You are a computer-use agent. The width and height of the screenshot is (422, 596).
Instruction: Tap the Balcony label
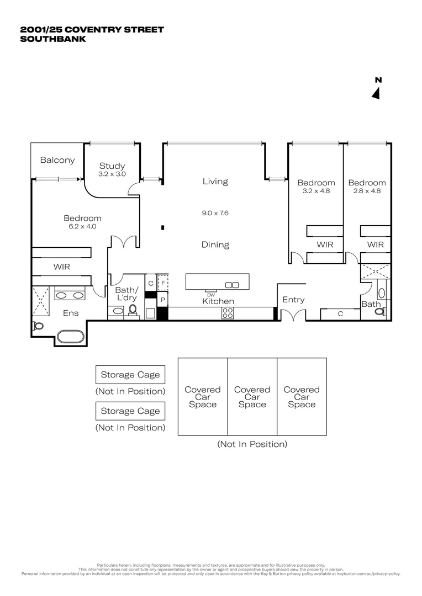pyautogui.click(x=57, y=160)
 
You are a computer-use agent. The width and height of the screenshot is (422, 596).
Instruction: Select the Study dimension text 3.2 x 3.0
pyautogui.click(x=112, y=174)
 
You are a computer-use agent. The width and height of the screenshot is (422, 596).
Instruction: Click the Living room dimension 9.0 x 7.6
pyautogui.click(x=215, y=212)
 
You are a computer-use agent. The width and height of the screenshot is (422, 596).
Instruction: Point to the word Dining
pyautogui.click(x=215, y=244)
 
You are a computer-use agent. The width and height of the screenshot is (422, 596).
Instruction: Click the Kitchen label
pyautogui.click(x=218, y=301)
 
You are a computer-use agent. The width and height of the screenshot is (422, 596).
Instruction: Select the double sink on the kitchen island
pyautogui.click(x=232, y=285)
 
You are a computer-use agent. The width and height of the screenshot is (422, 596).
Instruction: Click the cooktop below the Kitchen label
pyautogui.click(x=227, y=313)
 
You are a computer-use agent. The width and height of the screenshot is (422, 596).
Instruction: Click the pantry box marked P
pyautogui.click(x=162, y=300)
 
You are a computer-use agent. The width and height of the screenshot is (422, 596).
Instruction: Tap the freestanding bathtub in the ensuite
pyautogui.click(x=71, y=336)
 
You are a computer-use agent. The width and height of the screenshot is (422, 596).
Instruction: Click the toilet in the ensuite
pyautogui.click(x=38, y=326)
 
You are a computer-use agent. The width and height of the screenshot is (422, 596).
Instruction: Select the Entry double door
pyautogui.click(x=293, y=316)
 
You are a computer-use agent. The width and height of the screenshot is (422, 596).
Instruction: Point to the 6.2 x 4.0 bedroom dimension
pyautogui.click(x=82, y=226)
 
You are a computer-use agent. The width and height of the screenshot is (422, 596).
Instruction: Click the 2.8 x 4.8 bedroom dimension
pyautogui.click(x=367, y=191)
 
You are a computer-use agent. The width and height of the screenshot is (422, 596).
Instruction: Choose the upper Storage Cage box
pyautogui.click(x=130, y=375)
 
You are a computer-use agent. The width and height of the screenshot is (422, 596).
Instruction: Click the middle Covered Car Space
pyautogui.click(x=252, y=397)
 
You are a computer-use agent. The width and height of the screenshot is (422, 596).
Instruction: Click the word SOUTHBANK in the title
pyautogui.click(x=52, y=39)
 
